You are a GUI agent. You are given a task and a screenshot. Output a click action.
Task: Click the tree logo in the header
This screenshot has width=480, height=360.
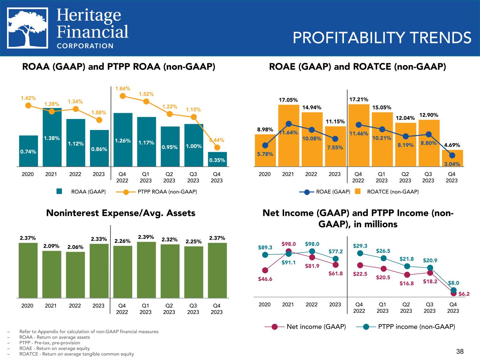[28, 28]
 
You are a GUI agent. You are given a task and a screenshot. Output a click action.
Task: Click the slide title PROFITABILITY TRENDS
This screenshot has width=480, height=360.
[382, 38]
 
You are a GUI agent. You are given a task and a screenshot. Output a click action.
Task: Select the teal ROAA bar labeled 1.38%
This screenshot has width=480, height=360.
[52, 137]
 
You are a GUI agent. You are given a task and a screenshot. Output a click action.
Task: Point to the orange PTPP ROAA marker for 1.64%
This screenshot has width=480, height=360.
[123, 96]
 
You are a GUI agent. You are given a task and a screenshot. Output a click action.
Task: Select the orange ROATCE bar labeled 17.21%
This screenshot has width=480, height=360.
[359, 135]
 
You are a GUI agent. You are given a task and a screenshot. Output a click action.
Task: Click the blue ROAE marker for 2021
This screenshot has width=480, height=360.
[289, 124]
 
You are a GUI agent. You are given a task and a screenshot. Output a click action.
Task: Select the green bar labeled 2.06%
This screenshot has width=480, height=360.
[76, 275]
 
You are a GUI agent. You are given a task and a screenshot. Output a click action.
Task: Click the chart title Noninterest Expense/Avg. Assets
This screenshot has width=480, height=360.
[121, 213]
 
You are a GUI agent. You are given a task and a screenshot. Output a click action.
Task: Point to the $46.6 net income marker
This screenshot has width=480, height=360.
[265, 270]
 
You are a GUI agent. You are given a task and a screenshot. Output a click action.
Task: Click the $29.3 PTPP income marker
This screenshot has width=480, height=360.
[360, 253]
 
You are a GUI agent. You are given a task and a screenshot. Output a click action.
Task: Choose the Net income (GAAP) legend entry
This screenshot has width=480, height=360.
[305, 327]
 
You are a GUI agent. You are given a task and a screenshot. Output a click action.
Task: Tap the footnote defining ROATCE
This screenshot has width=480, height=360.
[77, 354]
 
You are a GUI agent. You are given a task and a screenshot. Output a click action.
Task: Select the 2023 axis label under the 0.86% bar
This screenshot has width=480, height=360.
[98, 174]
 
